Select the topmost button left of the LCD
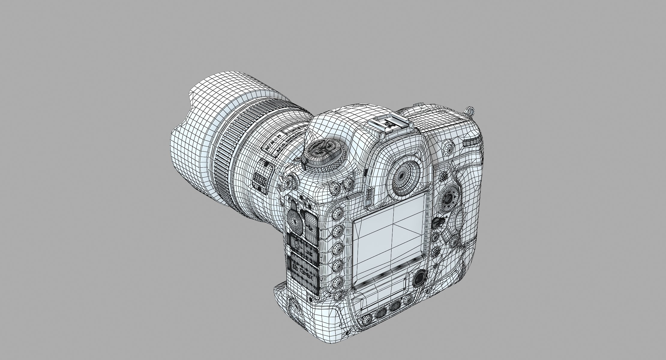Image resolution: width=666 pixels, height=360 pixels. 338,215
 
